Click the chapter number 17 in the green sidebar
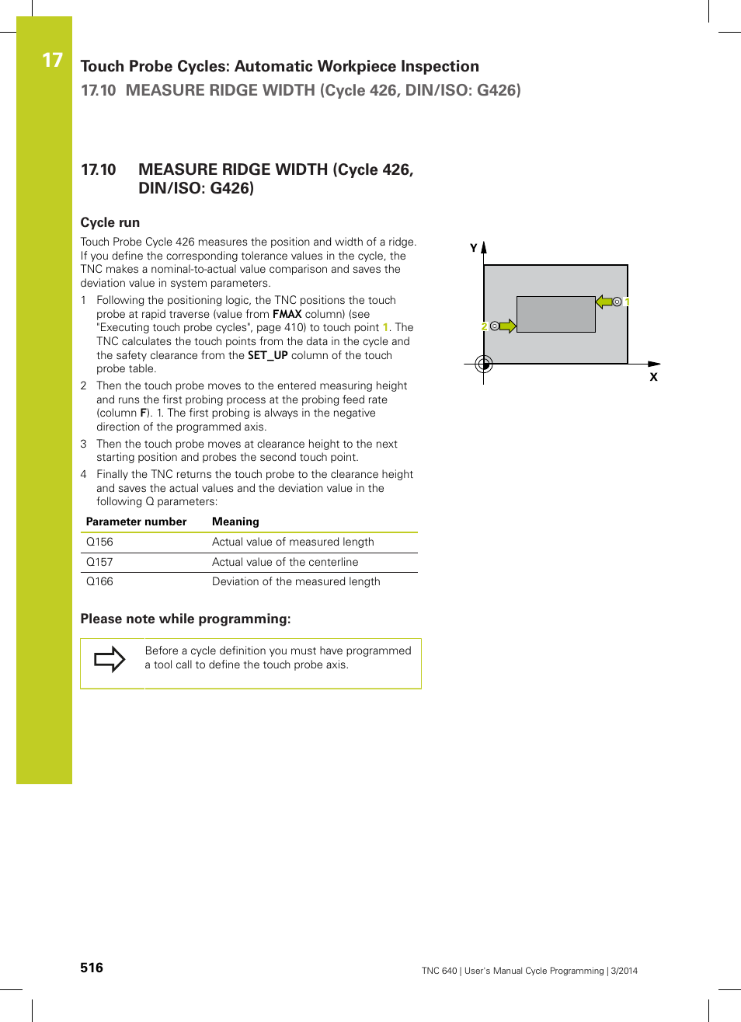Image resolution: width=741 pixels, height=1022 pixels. (52, 61)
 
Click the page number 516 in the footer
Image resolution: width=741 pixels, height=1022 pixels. (92, 968)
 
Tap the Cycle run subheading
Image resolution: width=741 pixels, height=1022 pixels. (110, 222)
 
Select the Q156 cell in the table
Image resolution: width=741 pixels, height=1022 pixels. (99, 542)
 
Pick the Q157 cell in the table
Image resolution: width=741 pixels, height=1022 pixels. (99, 562)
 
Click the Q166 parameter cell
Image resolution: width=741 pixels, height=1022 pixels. (99, 581)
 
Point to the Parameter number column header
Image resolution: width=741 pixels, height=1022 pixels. (136, 521)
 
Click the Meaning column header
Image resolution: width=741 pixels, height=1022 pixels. (235, 521)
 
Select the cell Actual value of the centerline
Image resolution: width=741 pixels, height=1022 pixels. (285, 562)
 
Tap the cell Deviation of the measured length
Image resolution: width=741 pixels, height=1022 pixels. (296, 581)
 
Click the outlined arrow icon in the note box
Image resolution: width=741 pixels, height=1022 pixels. (110, 659)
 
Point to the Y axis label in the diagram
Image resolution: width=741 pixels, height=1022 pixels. (474, 248)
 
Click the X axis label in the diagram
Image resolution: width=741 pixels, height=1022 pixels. (653, 377)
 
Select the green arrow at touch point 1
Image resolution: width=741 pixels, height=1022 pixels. (604, 302)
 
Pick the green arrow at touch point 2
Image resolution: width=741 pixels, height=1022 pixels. (507, 326)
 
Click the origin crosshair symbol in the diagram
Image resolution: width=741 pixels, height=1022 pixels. (484, 364)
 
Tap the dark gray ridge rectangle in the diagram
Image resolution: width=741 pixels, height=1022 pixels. (555, 314)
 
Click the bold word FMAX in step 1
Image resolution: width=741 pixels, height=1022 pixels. (287, 314)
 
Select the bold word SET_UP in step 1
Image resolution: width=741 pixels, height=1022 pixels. (267, 355)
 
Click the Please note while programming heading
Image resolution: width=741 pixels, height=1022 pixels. (186, 619)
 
